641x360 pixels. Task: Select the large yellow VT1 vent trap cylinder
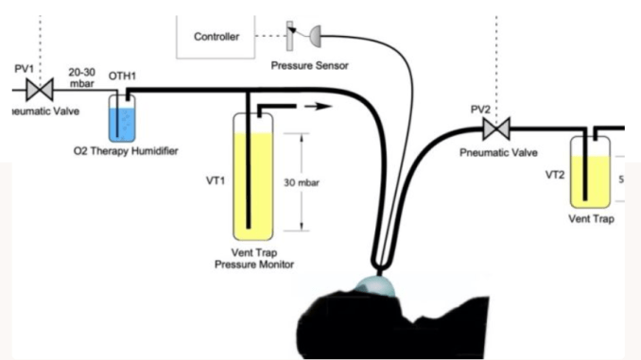point(250,180)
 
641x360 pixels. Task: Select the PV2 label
point(481,110)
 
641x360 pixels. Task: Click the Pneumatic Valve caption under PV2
point(498,151)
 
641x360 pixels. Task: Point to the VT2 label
point(556,175)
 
